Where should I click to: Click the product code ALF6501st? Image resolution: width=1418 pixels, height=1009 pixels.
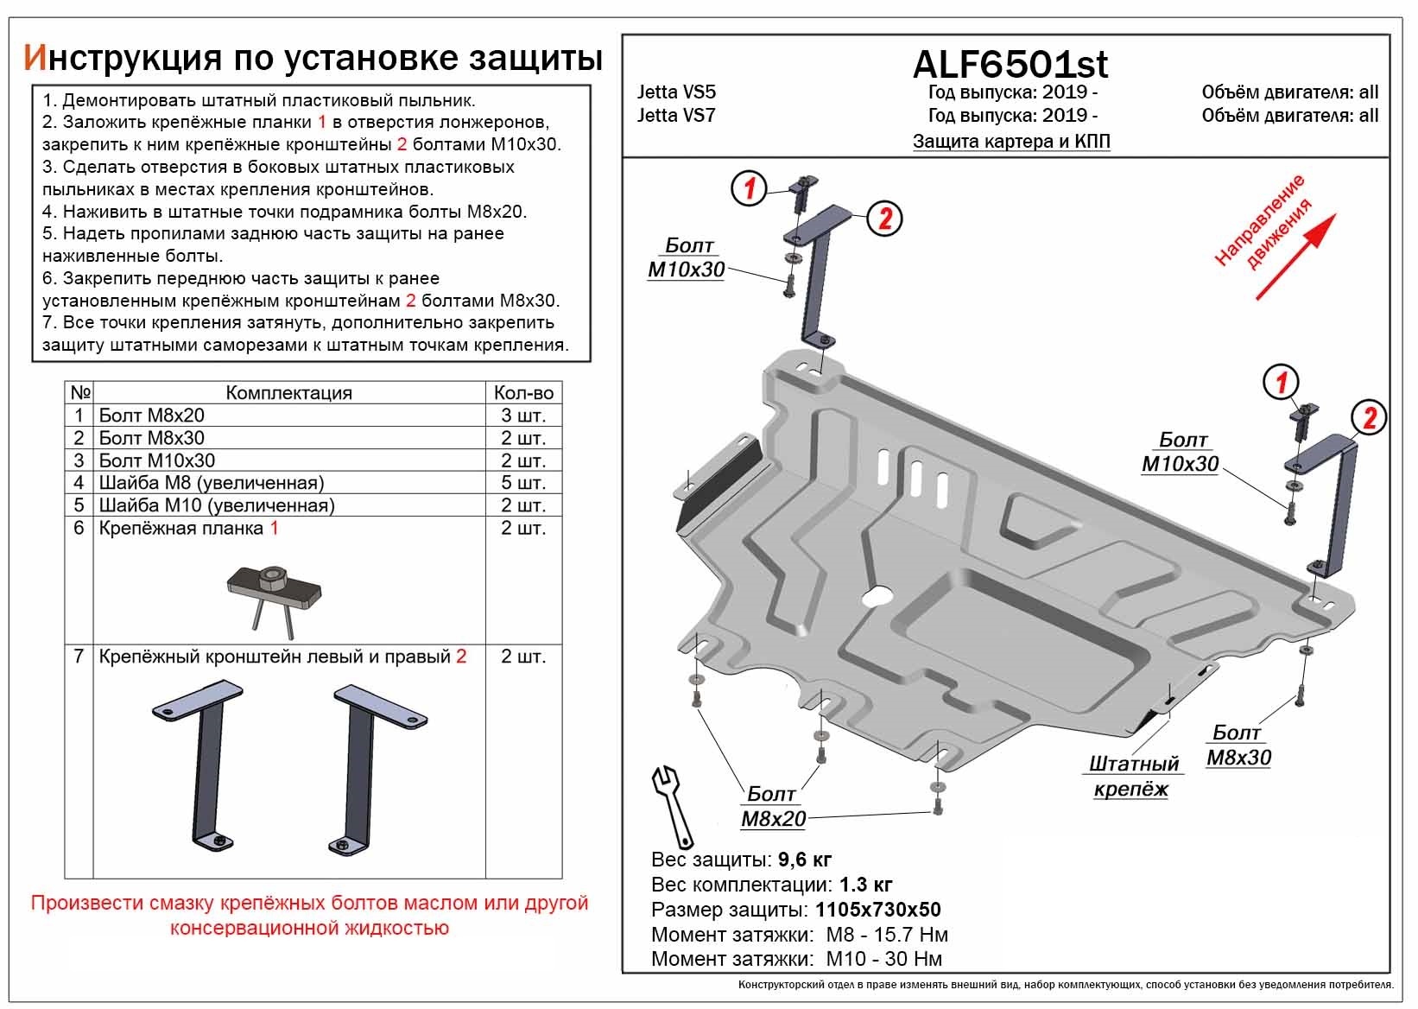(1010, 64)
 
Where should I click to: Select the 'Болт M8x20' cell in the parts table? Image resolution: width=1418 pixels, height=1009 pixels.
(151, 416)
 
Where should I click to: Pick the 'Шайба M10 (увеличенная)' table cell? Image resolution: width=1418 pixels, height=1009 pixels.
(216, 505)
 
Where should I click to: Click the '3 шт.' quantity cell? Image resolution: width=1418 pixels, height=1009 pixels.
(523, 416)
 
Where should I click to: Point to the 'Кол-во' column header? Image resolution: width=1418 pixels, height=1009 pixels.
(523, 393)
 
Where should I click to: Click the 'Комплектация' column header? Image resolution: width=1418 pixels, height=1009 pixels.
(288, 393)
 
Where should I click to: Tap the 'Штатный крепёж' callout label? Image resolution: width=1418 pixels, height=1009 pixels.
(1133, 776)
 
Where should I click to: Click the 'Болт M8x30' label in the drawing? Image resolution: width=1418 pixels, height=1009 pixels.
(1238, 745)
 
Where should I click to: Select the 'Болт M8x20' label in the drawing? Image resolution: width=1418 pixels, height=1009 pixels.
(772, 806)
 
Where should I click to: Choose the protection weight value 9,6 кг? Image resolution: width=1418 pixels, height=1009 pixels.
(804, 860)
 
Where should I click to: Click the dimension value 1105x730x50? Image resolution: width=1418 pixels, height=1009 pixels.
(876, 910)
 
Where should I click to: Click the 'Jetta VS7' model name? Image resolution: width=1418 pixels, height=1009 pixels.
(676, 115)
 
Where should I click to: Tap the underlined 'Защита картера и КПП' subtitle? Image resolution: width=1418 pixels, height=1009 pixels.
(1011, 141)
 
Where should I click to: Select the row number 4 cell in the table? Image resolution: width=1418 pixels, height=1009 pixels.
(79, 483)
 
